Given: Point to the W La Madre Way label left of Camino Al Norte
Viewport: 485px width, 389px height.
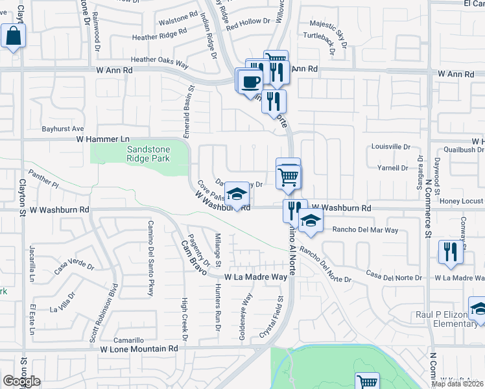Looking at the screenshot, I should coord(255,277).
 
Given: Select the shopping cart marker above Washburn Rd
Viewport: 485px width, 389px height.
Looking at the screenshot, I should coord(289,175).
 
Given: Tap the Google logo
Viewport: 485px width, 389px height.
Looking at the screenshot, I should coord(21,381).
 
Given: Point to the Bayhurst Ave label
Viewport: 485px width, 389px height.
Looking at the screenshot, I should coord(64,129).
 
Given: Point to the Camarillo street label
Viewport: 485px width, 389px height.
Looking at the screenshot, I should coord(128,340).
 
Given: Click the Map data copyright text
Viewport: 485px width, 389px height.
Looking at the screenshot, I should coord(458,384).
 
